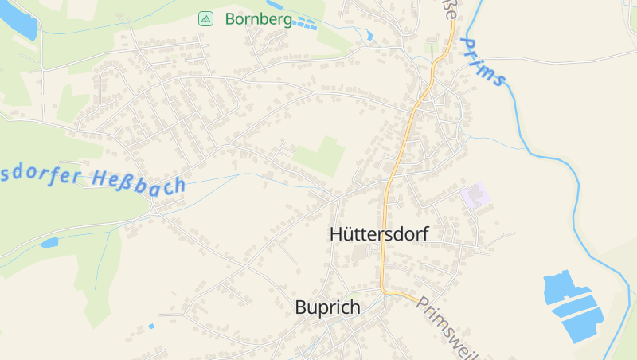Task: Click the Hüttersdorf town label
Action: (x=379, y=234)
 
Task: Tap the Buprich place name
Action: (x=327, y=307)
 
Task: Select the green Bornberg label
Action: (x=258, y=18)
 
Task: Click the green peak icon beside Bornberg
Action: (x=205, y=18)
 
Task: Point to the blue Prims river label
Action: (x=483, y=62)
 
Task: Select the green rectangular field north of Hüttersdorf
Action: (x=321, y=156)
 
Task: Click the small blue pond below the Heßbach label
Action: (x=50, y=243)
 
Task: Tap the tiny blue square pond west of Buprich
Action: (x=151, y=326)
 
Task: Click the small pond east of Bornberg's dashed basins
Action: (x=369, y=35)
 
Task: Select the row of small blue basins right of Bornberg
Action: (x=304, y=25)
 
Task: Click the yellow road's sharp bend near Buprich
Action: (x=384, y=289)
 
